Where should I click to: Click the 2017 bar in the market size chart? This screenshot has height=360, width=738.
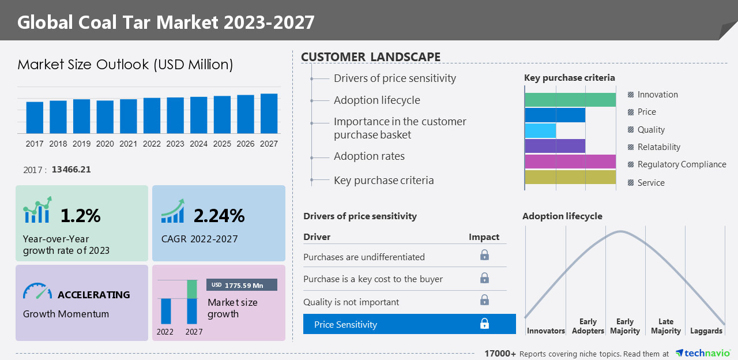(x=35, y=118)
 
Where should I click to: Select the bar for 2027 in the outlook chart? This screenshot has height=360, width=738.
(x=269, y=114)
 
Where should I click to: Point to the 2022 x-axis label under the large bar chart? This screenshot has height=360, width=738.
(x=152, y=144)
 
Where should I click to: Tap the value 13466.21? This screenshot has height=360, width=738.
(x=71, y=170)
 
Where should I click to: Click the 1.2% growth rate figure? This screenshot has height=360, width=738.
(x=81, y=216)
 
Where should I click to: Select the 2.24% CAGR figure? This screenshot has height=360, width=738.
(x=219, y=216)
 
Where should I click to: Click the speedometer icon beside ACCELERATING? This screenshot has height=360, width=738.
(x=37, y=291)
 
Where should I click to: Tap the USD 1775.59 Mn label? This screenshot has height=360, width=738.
(x=242, y=285)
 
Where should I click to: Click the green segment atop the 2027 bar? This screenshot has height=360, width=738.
(x=192, y=289)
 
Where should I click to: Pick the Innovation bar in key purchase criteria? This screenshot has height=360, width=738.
(x=570, y=99)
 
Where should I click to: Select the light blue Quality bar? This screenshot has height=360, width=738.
(x=540, y=130)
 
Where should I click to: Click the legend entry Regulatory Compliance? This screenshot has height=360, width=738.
(x=681, y=164)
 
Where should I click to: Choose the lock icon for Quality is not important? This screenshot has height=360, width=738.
(x=484, y=300)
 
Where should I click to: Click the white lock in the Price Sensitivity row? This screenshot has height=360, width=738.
(x=484, y=324)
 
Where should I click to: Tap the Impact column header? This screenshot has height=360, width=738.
(x=484, y=237)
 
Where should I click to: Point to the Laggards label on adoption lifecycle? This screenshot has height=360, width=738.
(x=706, y=331)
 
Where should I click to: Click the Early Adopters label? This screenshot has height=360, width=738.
(x=588, y=327)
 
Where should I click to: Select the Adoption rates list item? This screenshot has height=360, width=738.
(x=369, y=156)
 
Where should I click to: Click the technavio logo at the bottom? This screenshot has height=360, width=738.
(x=702, y=353)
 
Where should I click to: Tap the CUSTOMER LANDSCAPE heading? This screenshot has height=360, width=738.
(x=371, y=57)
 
